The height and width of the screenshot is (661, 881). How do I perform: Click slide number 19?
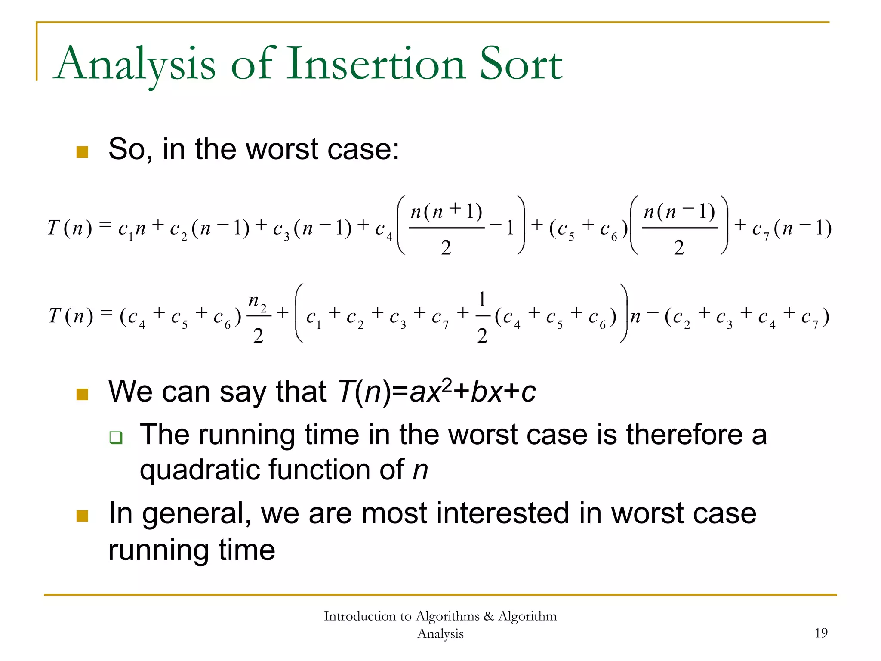point(821,633)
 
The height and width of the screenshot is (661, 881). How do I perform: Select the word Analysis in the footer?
point(440,634)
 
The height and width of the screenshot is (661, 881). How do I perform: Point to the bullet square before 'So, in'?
point(82,152)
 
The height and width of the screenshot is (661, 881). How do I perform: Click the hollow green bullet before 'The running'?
point(116,438)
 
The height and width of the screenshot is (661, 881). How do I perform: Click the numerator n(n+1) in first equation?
point(446,212)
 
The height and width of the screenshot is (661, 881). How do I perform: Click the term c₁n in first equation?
point(132,228)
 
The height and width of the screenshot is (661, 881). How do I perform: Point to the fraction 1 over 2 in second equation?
point(482,317)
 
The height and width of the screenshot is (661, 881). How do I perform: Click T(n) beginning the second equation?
point(71,316)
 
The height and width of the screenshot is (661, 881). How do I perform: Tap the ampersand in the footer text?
point(488,616)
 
